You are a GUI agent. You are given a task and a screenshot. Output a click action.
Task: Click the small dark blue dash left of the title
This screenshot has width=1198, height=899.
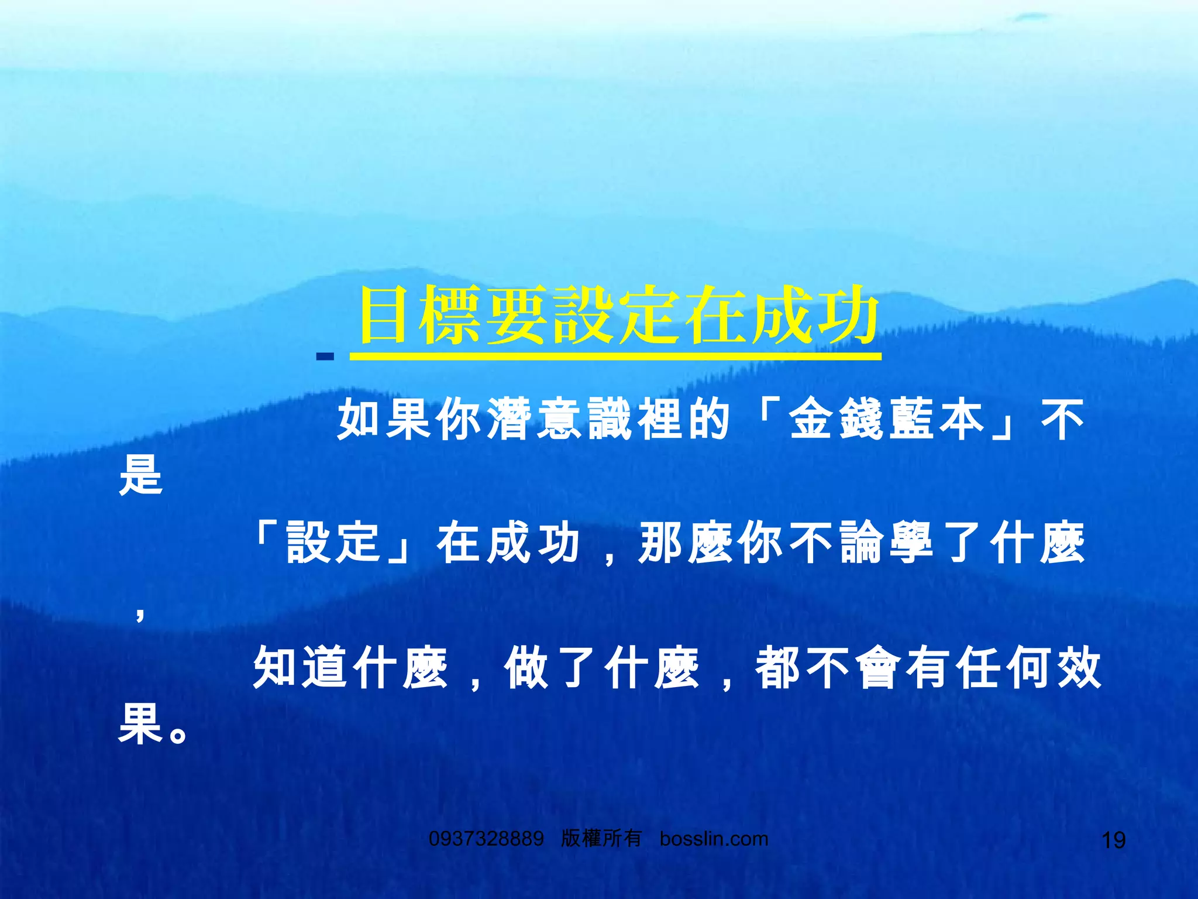[x=325, y=356]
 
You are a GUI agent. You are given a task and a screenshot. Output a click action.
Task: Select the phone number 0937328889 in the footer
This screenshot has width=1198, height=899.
[x=486, y=839]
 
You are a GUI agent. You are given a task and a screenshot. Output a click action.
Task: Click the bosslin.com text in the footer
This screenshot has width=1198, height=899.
[x=714, y=839]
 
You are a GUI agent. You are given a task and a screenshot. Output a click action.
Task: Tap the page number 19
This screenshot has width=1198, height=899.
[x=1113, y=840]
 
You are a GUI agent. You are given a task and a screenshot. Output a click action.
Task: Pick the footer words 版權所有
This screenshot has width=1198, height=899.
[x=601, y=839]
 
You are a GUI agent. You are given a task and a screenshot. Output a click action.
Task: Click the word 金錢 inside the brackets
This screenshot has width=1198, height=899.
[x=837, y=419]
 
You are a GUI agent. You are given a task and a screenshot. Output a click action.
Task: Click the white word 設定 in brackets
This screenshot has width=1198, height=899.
[x=334, y=543]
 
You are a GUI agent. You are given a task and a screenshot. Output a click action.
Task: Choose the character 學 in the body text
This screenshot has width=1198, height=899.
[x=912, y=543]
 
